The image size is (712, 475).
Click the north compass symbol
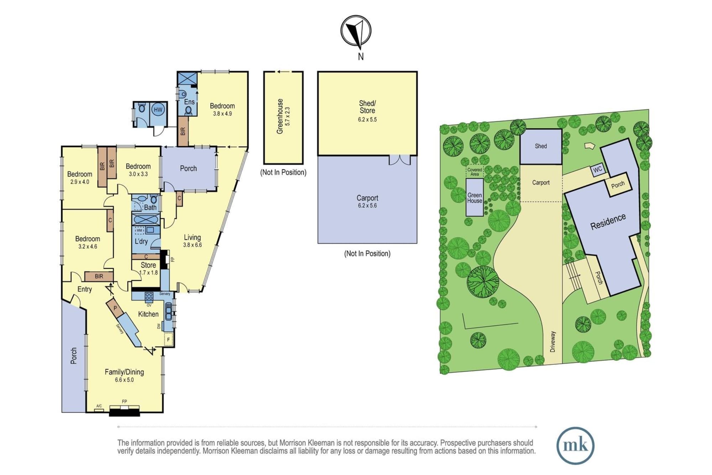356,31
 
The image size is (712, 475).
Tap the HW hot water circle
158,110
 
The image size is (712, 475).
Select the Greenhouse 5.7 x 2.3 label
283,116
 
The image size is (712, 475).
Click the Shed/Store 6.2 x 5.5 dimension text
367,120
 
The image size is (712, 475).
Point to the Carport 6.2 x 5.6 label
367,202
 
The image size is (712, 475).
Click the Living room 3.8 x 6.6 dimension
192,245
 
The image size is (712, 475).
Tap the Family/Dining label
124,372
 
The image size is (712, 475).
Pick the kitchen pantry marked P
115,308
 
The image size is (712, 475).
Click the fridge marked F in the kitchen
168,339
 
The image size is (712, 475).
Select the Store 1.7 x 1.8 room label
148,269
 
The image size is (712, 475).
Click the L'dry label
141,241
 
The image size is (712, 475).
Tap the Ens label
189,102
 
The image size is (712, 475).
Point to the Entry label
85,289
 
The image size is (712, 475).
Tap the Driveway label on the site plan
553,341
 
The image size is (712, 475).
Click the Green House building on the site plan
475,197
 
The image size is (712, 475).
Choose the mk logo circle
575,445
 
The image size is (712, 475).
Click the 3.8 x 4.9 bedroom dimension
222,114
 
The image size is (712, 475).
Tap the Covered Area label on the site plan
475,172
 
